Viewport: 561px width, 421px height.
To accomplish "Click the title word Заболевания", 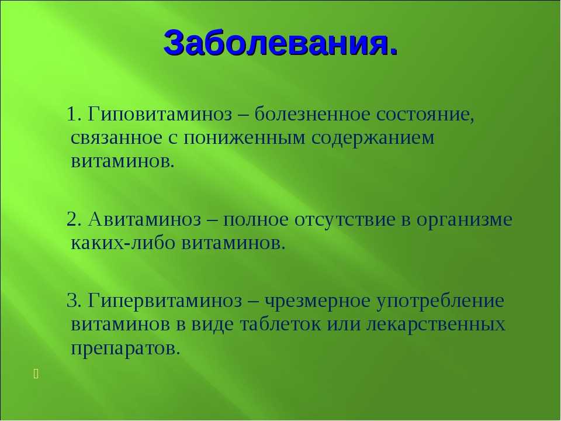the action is point(280,42).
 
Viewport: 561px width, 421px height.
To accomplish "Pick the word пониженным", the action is point(244,138).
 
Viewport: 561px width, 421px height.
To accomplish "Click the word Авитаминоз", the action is point(144,219).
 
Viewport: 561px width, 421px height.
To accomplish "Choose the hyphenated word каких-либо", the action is point(123,242).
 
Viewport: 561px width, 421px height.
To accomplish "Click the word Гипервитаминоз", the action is point(165,300).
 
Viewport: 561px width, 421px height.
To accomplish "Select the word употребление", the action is point(440,301).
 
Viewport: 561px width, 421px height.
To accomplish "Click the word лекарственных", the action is point(435,325).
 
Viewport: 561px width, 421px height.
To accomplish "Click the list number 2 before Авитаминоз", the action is point(72,219).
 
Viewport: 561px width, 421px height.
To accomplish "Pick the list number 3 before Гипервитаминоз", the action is point(72,301).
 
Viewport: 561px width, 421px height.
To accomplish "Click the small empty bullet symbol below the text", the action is point(36,374).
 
